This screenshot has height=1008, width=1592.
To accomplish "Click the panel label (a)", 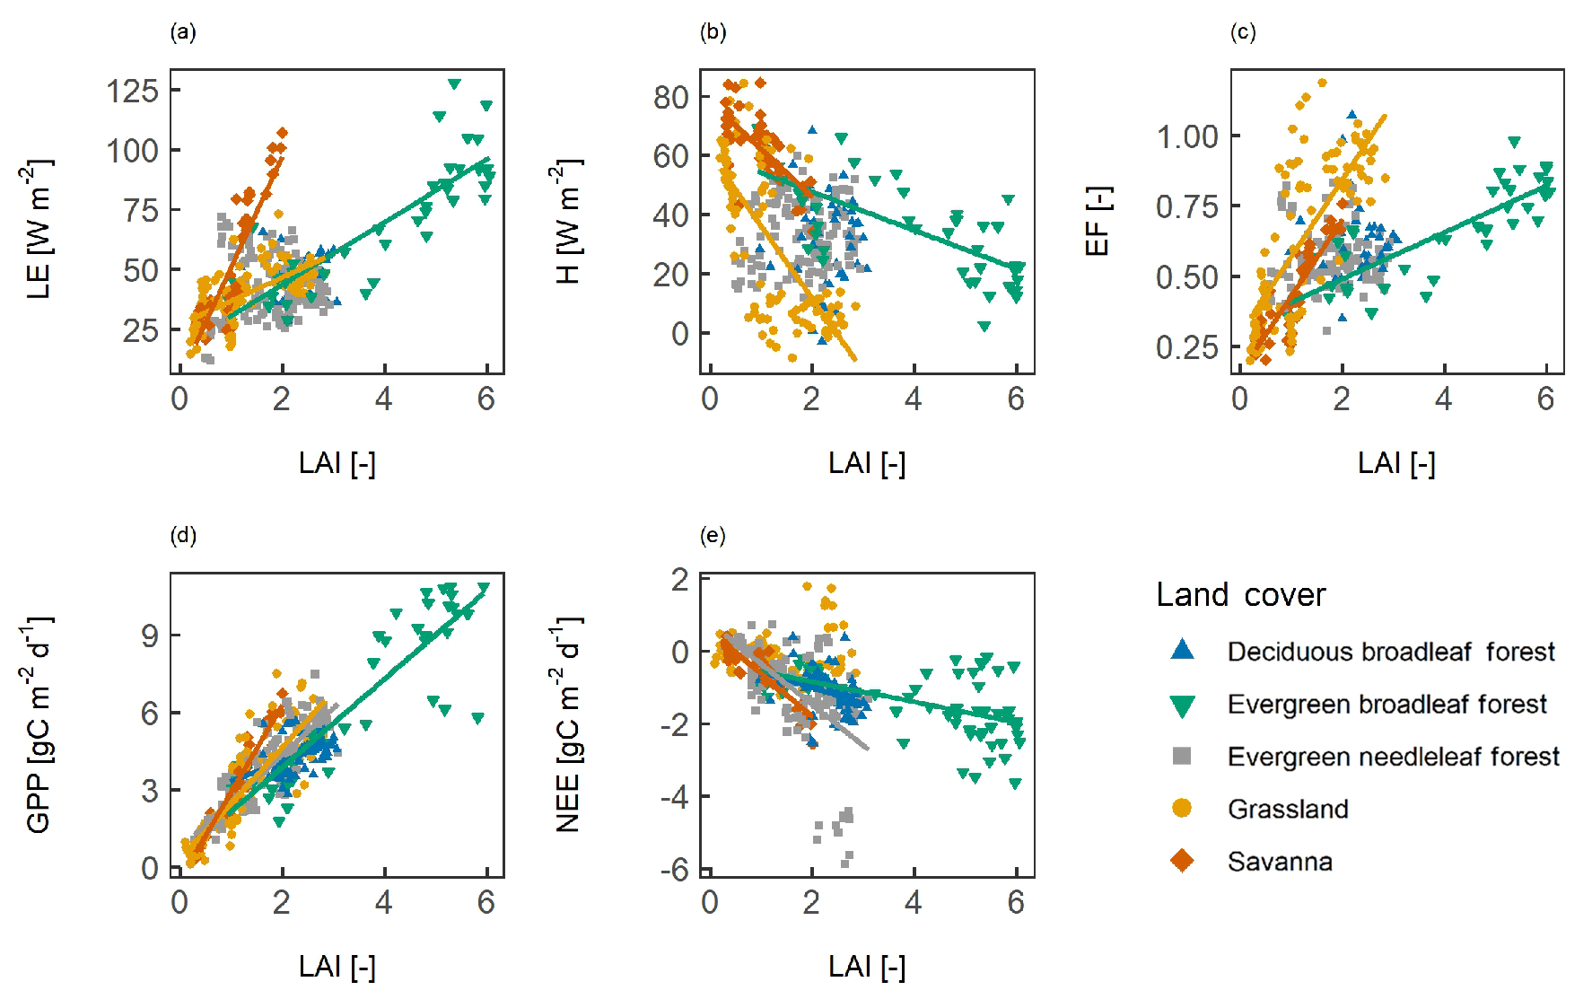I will click(183, 33).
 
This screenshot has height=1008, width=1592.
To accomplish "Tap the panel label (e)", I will click(713, 537).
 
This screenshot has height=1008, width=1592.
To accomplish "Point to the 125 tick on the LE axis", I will click(133, 91).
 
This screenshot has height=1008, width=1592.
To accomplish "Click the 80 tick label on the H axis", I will click(670, 97).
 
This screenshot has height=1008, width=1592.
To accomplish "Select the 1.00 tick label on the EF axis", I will click(1187, 136).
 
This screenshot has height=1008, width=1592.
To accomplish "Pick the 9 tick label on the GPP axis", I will click(150, 635).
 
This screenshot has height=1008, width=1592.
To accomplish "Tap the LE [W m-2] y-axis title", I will click(38, 229).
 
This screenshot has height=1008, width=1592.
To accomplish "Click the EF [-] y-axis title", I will click(1098, 221).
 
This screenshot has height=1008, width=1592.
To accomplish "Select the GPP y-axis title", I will click(38, 724).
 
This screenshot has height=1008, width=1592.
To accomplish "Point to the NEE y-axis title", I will click(568, 724).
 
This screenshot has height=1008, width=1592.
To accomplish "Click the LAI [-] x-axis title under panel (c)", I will click(1396, 463).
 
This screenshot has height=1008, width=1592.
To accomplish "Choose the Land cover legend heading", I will click(1240, 594).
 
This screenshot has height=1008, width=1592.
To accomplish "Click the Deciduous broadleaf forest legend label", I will click(1390, 652).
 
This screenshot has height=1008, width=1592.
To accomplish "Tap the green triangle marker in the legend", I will click(1183, 706).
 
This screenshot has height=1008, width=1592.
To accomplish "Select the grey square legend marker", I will click(1183, 756).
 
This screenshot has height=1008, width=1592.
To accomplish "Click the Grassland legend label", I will click(1288, 809).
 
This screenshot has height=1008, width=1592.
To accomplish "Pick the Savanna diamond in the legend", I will click(1183, 861).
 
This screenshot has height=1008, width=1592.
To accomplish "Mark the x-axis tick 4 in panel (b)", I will click(914, 399).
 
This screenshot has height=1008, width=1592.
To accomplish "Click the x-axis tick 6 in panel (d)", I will click(486, 902).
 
